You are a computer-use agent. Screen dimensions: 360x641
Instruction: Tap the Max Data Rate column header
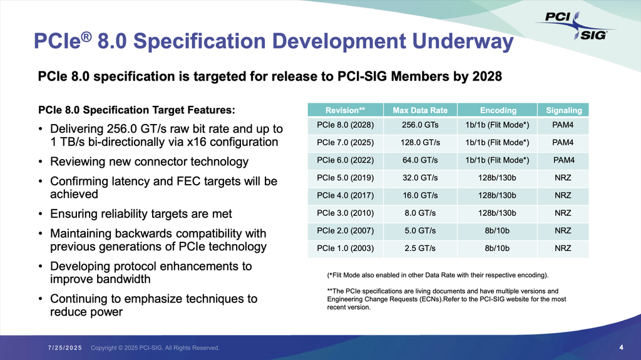(x=420, y=110)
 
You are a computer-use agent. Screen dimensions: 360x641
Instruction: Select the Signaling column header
(x=563, y=110)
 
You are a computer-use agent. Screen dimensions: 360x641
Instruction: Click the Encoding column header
(x=498, y=110)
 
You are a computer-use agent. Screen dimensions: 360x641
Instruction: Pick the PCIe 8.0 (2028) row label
(x=345, y=125)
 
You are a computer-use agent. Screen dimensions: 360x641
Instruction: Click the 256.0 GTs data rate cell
(x=420, y=125)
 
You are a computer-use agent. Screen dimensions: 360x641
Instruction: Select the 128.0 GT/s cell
(x=420, y=142)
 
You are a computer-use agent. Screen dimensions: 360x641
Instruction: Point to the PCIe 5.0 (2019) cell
(x=345, y=177)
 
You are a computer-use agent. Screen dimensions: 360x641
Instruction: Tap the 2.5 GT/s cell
(x=420, y=248)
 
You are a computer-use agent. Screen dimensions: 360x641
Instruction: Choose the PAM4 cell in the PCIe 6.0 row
(x=563, y=160)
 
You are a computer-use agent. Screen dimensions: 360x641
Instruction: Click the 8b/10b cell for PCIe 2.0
(x=498, y=230)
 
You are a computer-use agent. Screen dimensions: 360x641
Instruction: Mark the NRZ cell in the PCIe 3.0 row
(x=563, y=213)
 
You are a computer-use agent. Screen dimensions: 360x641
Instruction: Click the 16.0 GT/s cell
(x=420, y=195)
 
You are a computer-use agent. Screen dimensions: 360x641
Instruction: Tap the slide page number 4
(x=621, y=347)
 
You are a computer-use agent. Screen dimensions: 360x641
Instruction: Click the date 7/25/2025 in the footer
(x=66, y=348)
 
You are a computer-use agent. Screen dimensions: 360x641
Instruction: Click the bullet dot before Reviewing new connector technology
(x=40, y=162)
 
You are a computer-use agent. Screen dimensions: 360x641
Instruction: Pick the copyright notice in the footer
(x=155, y=348)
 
